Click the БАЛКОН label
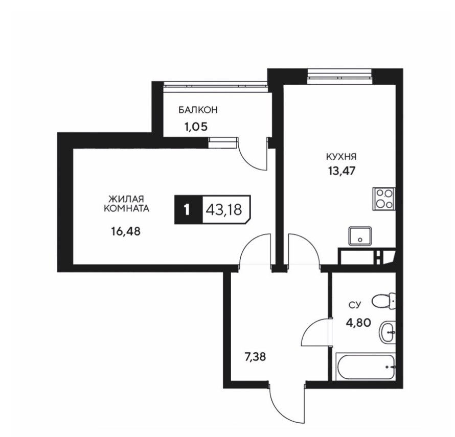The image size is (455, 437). [198, 110]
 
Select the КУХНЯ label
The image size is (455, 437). [342, 157]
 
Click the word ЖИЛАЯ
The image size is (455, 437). [126, 200]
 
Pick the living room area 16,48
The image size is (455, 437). [126, 231]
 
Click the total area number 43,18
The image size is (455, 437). [224, 209]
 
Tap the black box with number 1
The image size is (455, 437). [188, 209]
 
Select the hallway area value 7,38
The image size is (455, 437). [255, 357]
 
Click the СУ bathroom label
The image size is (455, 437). [355, 305]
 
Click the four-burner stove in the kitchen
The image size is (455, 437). [383, 199]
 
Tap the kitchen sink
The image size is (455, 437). [360, 236]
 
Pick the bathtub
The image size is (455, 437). [366, 366]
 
